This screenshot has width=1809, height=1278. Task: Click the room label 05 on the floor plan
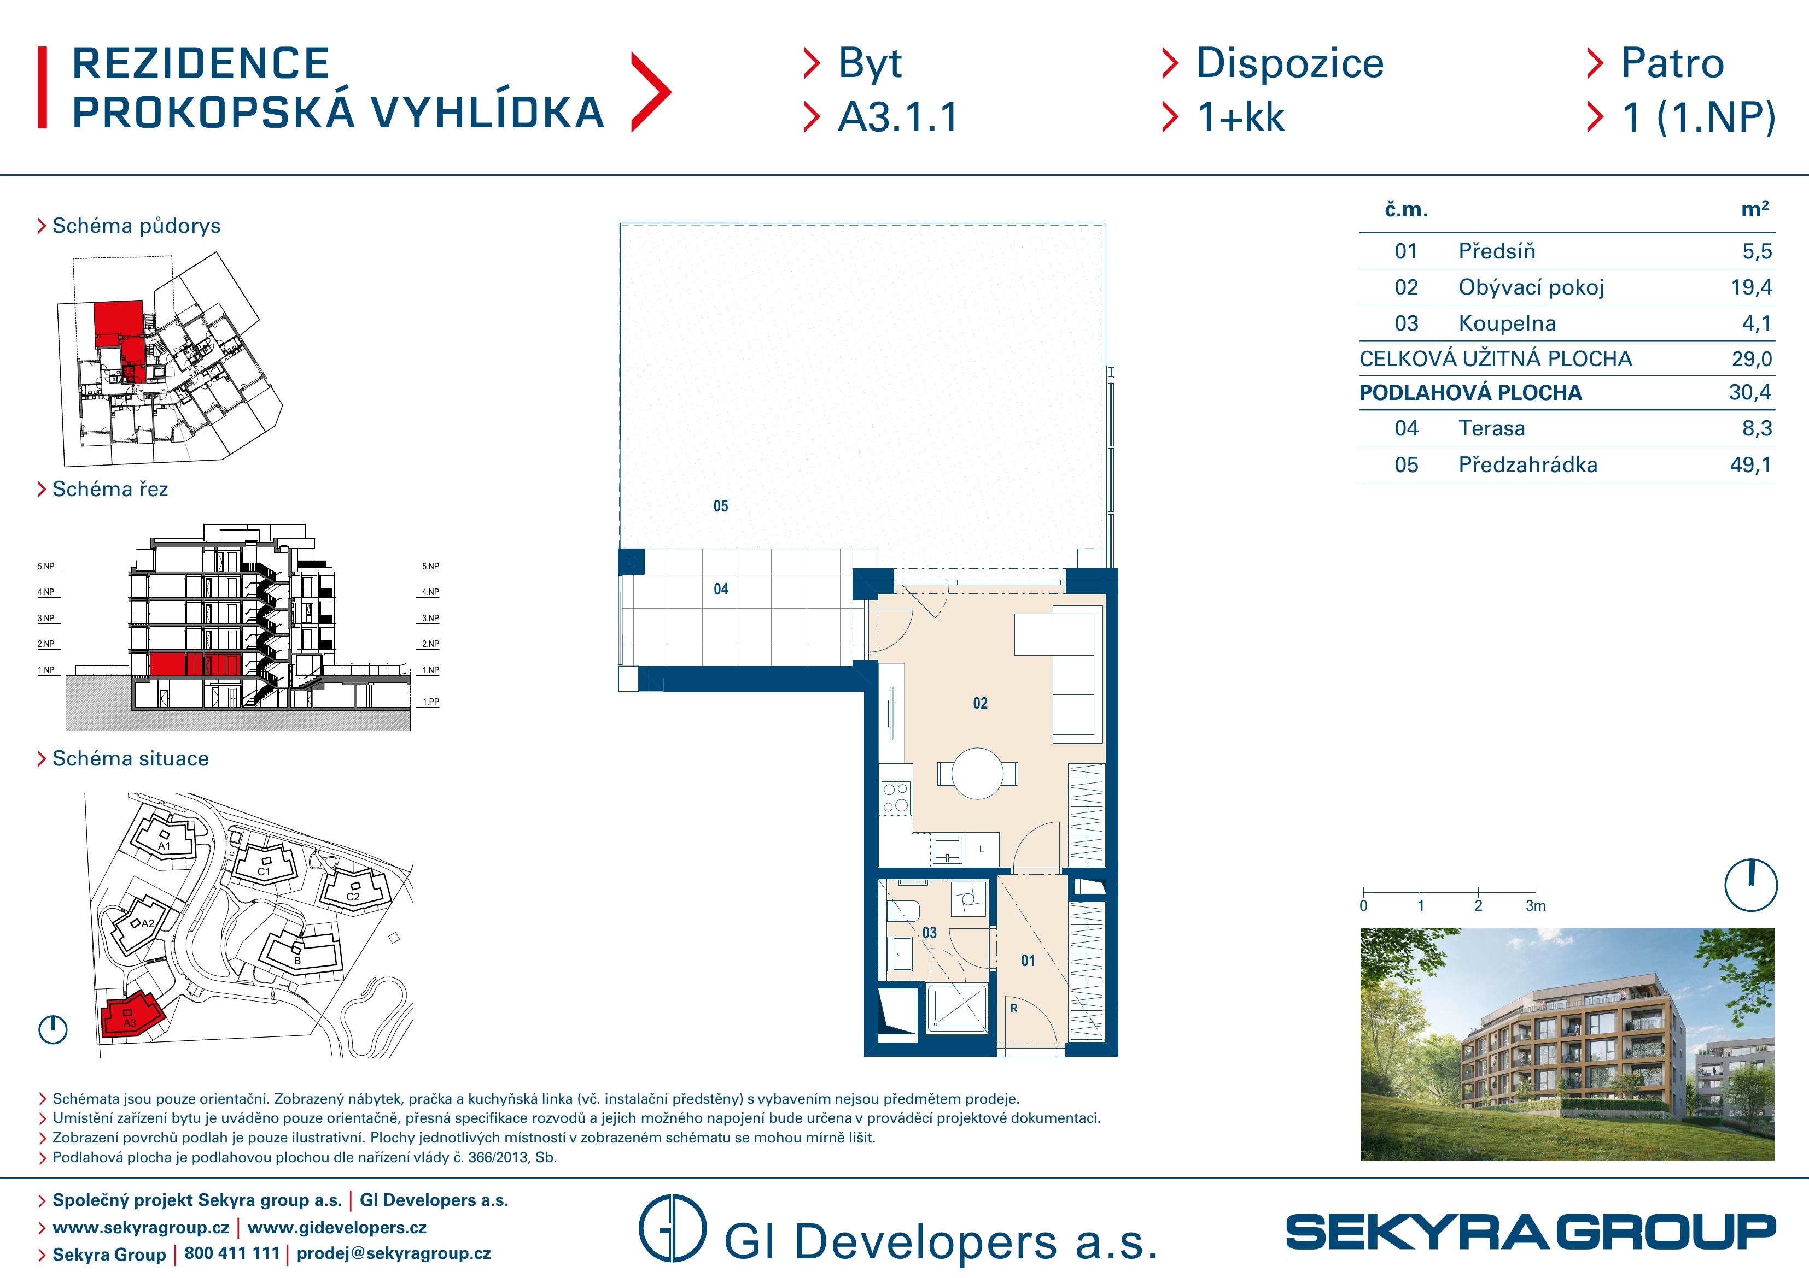[x=721, y=507]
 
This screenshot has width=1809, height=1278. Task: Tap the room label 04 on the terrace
[x=721, y=589]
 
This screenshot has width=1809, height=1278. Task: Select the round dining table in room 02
[x=977, y=773]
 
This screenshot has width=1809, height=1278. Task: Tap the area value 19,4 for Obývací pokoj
[x=1750, y=287]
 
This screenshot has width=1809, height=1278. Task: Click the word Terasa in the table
[x=1491, y=428]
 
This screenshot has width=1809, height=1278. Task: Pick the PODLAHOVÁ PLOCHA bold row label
[x=1470, y=393]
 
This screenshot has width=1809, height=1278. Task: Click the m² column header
[x=1755, y=209]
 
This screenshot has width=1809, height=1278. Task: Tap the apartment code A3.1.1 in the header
[x=898, y=117]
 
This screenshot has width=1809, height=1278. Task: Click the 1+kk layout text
[x=1241, y=117]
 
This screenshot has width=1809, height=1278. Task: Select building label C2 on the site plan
[x=353, y=897]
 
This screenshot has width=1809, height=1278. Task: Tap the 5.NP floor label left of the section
[x=46, y=566]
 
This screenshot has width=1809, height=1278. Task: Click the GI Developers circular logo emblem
[x=672, y=1228]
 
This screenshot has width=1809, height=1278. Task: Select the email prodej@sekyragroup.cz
[x=394, y=1253]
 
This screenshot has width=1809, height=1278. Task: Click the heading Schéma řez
[x=110, y=489]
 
